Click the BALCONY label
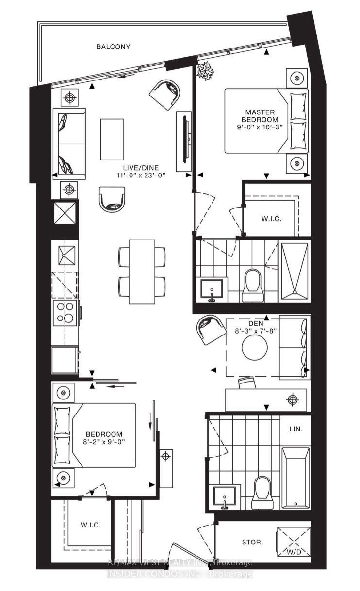(x=113, y=47)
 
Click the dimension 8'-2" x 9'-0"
(x=104, y=442)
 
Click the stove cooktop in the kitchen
(x=65, y=312)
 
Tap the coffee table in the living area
(x=112, y=139)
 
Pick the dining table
(x=142, y=272)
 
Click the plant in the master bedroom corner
(x=205, y=71)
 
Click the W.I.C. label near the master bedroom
(x=271, y=219)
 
